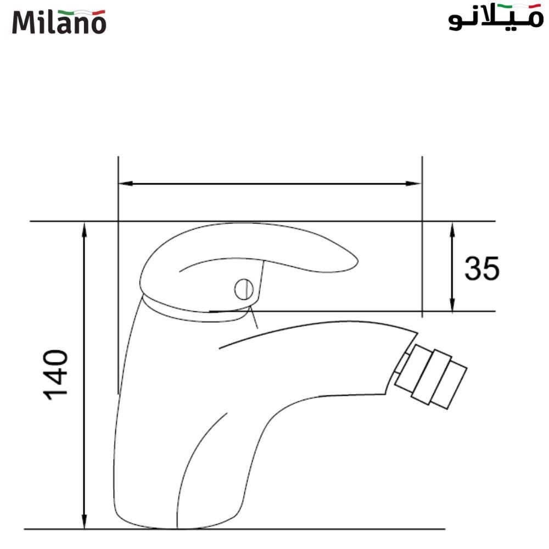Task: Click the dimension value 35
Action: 482,268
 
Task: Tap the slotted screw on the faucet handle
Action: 243,289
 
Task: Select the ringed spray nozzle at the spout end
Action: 431,377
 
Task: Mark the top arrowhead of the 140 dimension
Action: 84,228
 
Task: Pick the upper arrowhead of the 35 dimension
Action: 452,228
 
